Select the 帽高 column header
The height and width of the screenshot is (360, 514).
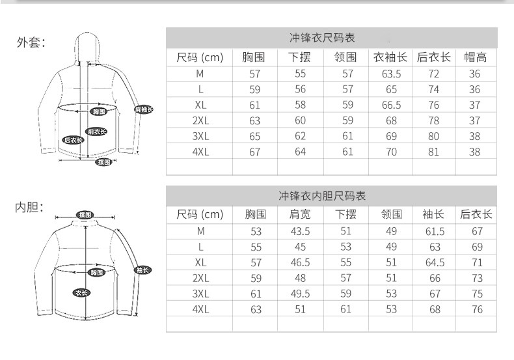(x=474, y=57)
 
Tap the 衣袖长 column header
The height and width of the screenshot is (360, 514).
(x=391, y=57)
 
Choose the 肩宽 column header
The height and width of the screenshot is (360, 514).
(x=300, y=214)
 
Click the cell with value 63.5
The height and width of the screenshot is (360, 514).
(x=391, y=74)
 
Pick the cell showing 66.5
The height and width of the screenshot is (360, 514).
(x=391, y=105)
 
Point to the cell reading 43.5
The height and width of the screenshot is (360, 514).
(x=300, y=231)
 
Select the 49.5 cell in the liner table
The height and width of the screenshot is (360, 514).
(x=300, y=294)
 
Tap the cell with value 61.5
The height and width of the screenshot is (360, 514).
(x=435, y=231)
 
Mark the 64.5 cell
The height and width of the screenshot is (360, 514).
(x=435, y=262)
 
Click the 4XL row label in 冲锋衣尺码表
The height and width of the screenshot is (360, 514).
(x=200, y=152)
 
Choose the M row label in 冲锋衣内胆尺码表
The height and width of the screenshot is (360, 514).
(x=200, y=231)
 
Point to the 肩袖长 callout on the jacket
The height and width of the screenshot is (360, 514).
(x=143, y=109)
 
